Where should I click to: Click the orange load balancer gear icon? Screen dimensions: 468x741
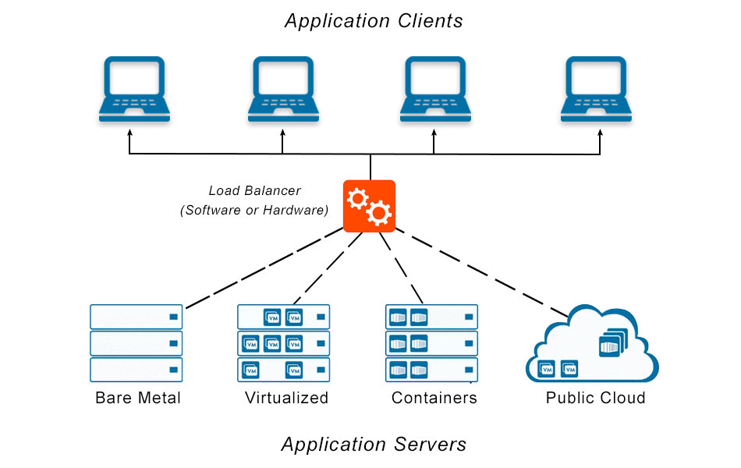pos(370,206)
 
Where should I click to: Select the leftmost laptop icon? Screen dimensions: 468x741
pos(130,89)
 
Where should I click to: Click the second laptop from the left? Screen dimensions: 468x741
pos(282,89)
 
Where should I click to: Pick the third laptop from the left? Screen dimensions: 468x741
pos(434,89)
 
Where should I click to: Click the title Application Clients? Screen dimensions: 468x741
pos(374,21)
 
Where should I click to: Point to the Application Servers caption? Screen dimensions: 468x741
pos(374,445)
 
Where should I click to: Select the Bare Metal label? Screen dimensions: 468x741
pos(138,398)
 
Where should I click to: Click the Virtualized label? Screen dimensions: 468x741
pos(286,398)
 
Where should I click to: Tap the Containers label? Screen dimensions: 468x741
pos(434,398)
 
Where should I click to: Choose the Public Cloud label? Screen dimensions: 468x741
pos(595,398)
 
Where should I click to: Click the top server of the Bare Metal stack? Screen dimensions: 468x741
pos(136,317)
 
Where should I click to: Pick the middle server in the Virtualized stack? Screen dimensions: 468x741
pos(283,343)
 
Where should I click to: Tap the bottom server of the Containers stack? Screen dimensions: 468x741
pos(431,369)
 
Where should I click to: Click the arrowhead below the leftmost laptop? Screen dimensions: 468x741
pos(130,134)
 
